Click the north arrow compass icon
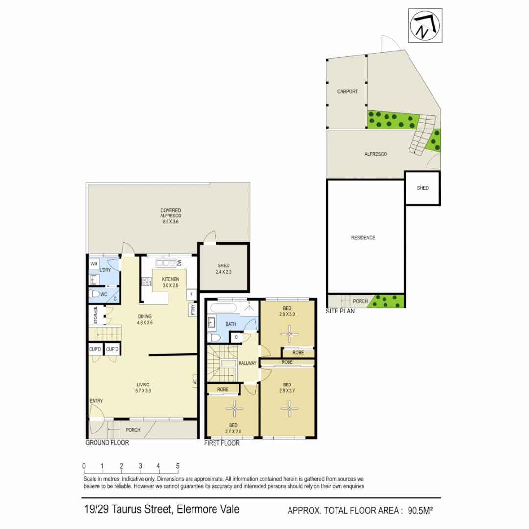tap(424, 26)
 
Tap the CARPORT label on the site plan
tap(347, 92)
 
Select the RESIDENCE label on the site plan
tap(363, 238)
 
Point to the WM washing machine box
tap(94, 264)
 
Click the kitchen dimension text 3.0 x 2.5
tap(170, 285)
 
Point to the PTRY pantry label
tap(192, 310)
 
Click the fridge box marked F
tap(192, 295)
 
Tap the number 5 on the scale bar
tap(177, 466)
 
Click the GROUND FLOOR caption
tap(107, 443)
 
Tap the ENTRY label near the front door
tap(96, 401)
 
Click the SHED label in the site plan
tap(422, 188)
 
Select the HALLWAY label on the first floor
tap(248, 363)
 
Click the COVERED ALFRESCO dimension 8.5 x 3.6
tap(170, 222)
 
